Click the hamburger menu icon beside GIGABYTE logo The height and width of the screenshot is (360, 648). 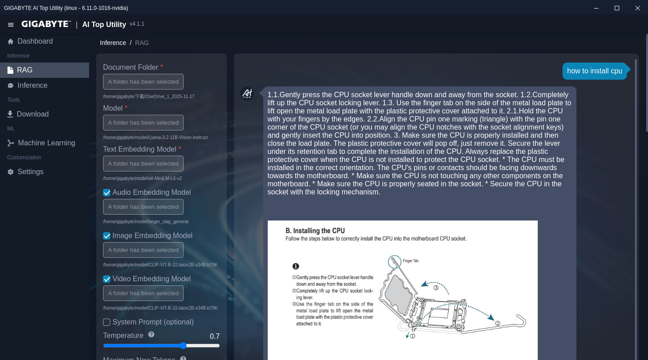coord(11,25)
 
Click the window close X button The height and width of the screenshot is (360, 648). coord(637,8)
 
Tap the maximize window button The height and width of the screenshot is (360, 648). coord(617,8)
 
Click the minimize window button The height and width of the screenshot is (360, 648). coord(596,8)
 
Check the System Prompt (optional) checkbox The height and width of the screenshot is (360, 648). coord(107,322)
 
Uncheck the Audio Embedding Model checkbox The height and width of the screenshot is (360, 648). coord(107,193)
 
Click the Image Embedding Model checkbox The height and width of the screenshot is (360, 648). coord(107,236)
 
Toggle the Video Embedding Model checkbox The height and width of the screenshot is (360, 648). coord(107,279)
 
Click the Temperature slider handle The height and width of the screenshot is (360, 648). coord(183,346)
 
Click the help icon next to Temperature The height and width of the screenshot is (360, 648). coord(151,334)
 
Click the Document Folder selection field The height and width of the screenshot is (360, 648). coord(143,82)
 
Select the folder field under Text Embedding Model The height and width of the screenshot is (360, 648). coord(143,164)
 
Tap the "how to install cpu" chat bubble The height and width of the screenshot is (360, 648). coord(594,71)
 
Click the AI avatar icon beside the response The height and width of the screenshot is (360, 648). coord(247,94)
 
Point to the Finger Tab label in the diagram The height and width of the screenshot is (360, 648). coord(410,261)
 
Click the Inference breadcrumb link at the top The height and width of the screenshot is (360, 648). coord(113,43)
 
